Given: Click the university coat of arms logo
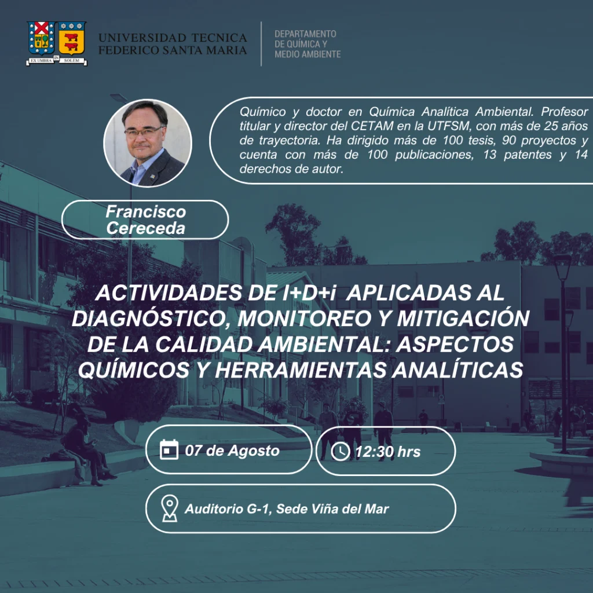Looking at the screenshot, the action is point(57,43).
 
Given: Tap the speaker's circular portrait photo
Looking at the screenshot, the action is point(148,143).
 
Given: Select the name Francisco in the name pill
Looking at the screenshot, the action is point(145,211).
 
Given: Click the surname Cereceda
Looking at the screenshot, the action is point(145,228).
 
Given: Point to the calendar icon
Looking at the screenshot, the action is point(169,449).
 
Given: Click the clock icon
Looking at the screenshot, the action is point(341,451).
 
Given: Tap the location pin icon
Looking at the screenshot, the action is point(170,508).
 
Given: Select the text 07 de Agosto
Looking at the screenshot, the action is point(232,451).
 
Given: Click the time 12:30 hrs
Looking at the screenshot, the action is point(387,452).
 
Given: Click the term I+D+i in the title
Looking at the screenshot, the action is point(309,292).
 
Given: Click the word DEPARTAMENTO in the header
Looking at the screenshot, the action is point(305,34).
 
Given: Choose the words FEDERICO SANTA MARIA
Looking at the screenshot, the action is point(173,50).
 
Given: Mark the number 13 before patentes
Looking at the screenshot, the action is point(490,155).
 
